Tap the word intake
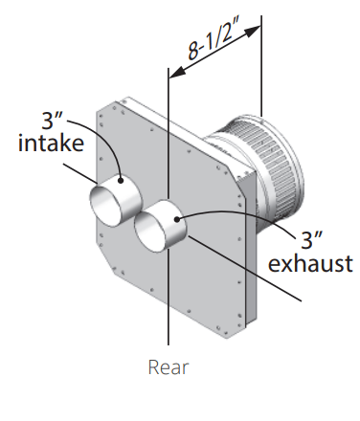51,143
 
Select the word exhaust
310,263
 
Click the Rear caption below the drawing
169,367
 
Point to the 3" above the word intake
52,121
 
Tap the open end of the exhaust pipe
150,233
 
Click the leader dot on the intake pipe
121,181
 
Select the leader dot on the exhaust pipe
177,219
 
